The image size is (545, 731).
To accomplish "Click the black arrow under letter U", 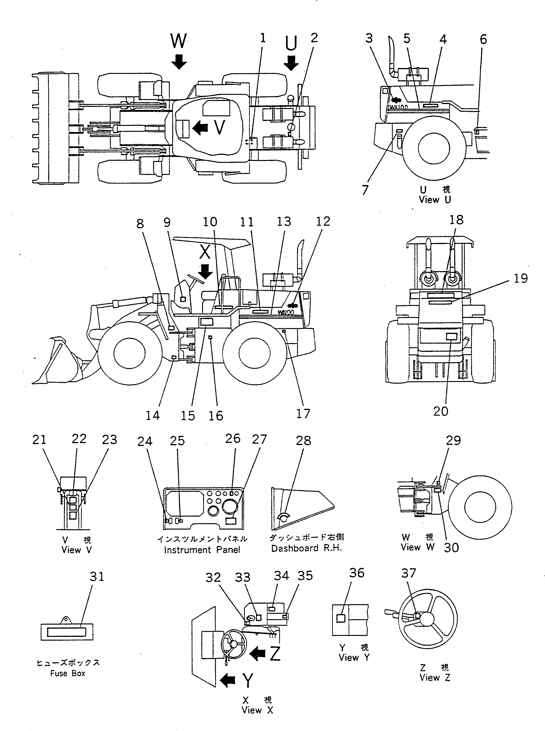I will (x=291, y=63).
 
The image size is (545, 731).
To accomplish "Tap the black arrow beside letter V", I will (x=200, y=127).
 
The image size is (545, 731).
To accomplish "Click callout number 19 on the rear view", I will (x=520, y=278).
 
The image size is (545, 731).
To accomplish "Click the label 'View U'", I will (x=434, y=200).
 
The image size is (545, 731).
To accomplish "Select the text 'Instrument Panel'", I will (x=202, y=550).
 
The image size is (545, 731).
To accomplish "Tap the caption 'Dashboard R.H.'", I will (x=306, y=548).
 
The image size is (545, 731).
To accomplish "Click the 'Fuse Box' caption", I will (x=68, y=673).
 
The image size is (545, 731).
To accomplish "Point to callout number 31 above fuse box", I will (x=97, y=577).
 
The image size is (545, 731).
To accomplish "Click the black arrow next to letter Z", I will (x=258, y=653).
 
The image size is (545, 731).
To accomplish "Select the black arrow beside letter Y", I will (x=228, y=680).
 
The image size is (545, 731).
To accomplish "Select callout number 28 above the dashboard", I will (x=303, y=440).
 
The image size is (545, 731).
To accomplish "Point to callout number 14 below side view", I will (x=153, y=415).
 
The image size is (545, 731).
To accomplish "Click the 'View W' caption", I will (x=417, y=547).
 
